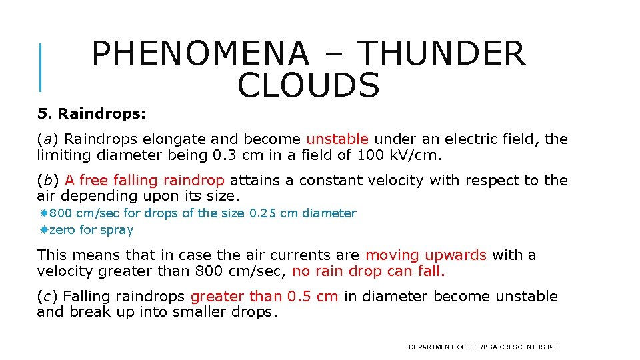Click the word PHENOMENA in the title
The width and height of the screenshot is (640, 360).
[x=200, y=54]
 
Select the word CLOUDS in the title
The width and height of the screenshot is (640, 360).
[x=308, y=86]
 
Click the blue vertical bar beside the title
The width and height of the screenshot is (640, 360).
[x=41, y=67]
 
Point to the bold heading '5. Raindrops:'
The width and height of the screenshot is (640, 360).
[x=91, y=114]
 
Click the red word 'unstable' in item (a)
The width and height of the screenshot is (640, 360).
[x=337, y=139]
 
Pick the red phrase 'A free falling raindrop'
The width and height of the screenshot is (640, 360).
[x=145, y=181]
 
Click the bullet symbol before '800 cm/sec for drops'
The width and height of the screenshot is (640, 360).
[x=43, y=213]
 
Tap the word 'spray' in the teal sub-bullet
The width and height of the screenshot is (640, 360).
[x=117, y=230]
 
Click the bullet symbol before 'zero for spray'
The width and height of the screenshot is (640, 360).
[x=43, y=230]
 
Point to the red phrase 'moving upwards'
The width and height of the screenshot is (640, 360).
[x=426, y=255]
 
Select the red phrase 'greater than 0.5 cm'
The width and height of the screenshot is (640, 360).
[x=265, y=297]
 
